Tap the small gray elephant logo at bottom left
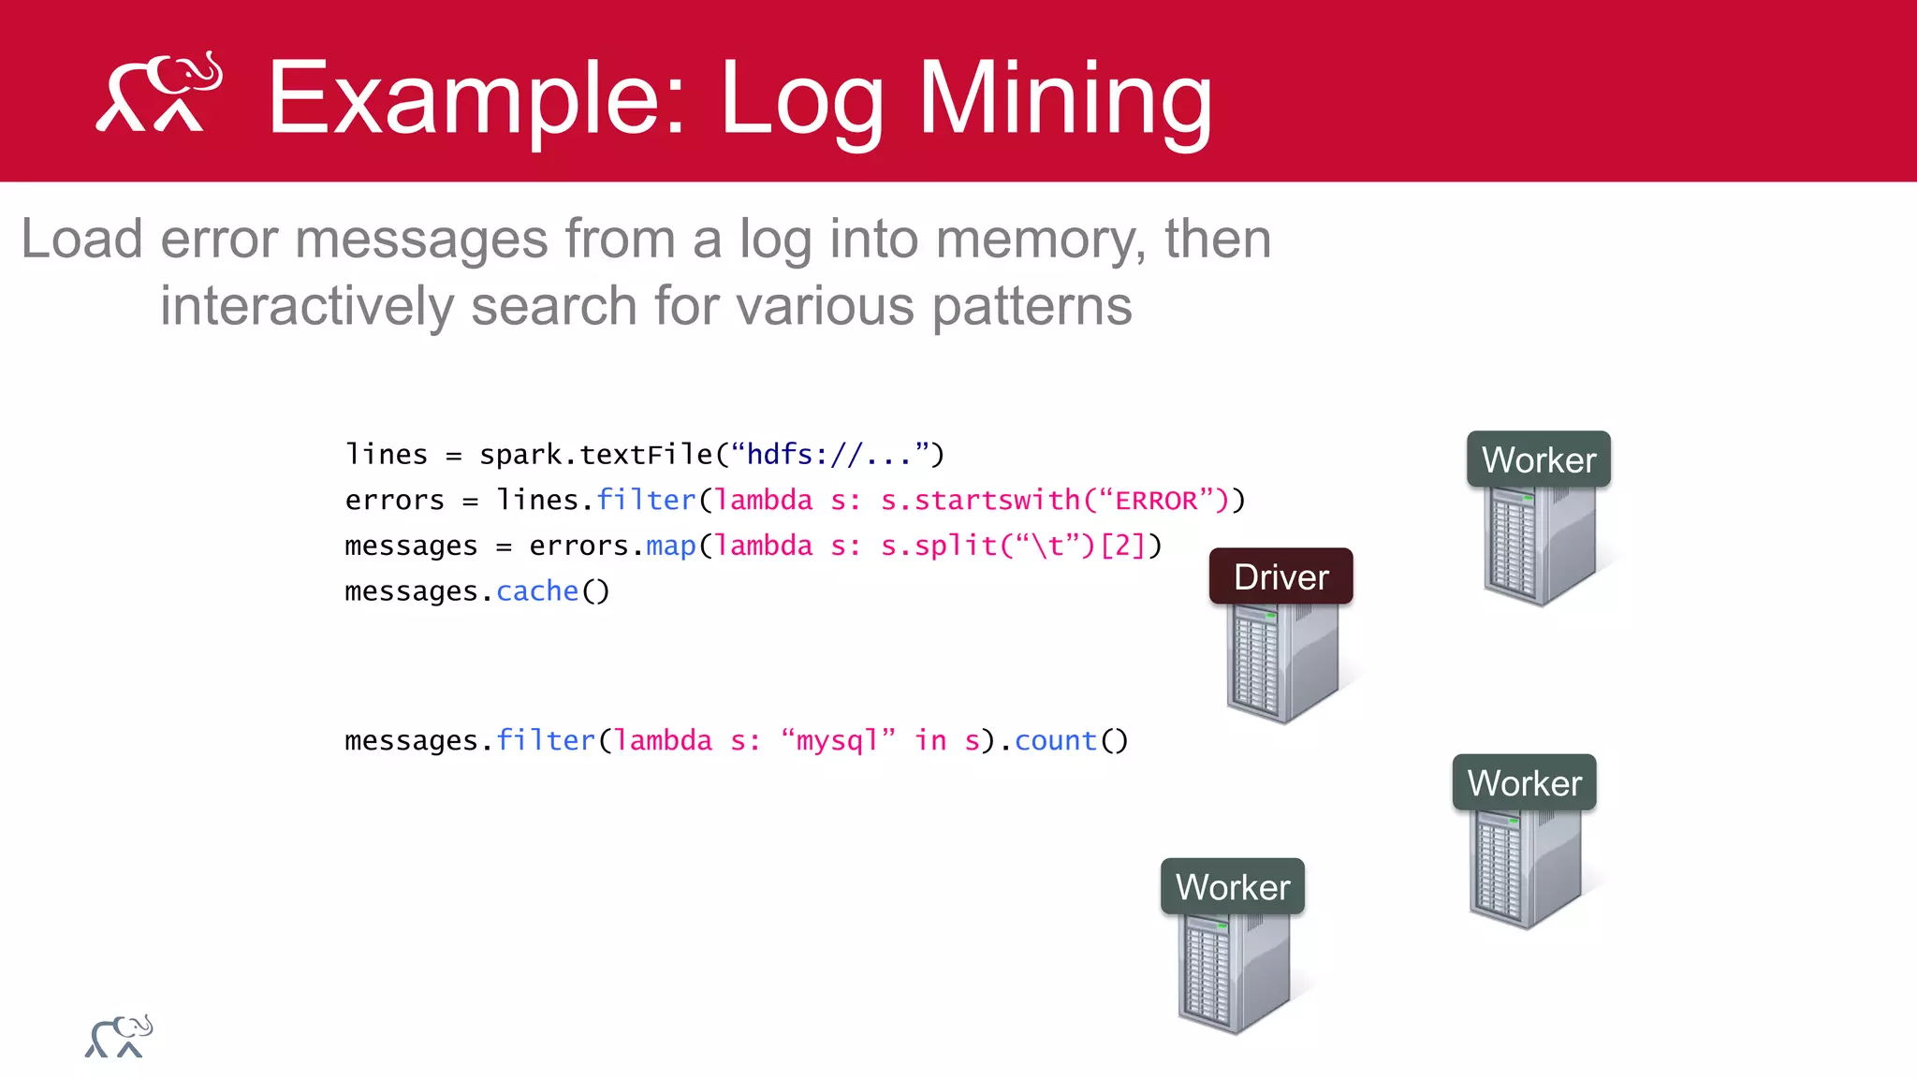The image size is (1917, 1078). (x=119, y=1037)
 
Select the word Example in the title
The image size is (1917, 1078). (x=477, y=99)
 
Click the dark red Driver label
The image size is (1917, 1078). (x=1280, y=576)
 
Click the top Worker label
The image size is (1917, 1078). (x=1538, y=459)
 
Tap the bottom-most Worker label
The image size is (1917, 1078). (x=1232, y=886)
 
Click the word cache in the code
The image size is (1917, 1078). (x=537, y=591)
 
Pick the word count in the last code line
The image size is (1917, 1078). (x=1055, y=740)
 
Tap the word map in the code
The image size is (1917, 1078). (x=670, y=546)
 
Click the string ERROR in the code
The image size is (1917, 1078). (x=1156, y=501)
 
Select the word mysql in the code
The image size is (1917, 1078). (x=837, y=740)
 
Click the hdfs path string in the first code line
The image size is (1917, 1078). (x=829, y=455)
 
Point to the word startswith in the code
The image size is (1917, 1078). (x=996, y=501)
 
